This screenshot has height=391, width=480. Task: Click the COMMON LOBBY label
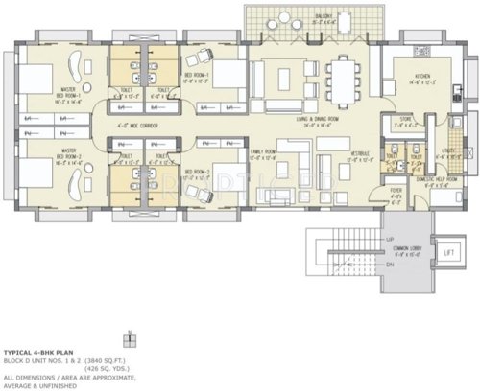click(405, 251)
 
